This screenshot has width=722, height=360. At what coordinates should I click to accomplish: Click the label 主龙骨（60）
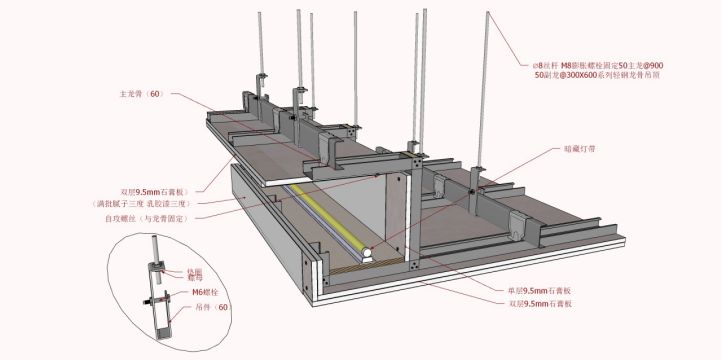[x=139, y=95]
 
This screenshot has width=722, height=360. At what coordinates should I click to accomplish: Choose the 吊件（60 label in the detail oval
[x=211, y=306]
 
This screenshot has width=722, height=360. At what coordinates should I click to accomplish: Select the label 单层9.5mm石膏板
[x=544, y=290]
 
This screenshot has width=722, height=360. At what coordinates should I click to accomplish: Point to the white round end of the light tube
[x=367, y=255]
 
